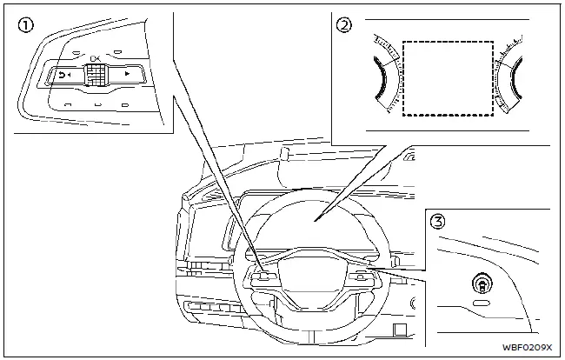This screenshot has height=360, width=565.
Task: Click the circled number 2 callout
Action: [x=346, y=26]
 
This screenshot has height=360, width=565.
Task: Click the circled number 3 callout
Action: [x=438, y=221]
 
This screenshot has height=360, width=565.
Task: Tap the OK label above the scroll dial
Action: [x=94, y=57]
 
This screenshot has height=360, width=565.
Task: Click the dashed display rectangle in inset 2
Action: [x=449, y=78]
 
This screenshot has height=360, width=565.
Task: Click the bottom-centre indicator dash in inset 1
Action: [x=96, y=107]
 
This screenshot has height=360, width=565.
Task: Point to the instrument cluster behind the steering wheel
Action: [x=317, y=214]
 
